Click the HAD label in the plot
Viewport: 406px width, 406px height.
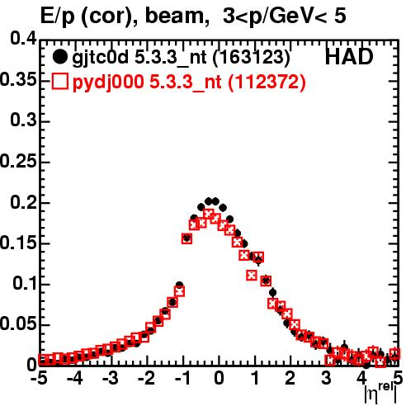tap(349, 57)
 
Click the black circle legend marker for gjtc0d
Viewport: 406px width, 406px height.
tap(59, 57)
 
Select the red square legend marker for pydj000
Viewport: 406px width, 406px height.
tap(59, 82)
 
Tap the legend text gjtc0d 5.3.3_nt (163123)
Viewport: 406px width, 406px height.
tap(181, 58)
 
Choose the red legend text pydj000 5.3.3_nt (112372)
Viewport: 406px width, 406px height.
tap(189, 83)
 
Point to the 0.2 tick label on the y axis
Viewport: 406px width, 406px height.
tap(23, 203)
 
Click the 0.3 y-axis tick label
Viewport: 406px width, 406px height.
tap(23, 120)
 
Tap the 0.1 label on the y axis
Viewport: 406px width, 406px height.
tap(25, 284)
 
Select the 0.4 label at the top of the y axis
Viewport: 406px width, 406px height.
tap(23, 39)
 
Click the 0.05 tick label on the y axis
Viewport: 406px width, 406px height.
tap(18, 324)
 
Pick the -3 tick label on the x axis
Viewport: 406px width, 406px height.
tap(110, 378)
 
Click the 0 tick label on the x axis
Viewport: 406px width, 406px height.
tap(219, 378)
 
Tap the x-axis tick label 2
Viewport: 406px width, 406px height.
tap(290, 378)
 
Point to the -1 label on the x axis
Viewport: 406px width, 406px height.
tap(182, 378)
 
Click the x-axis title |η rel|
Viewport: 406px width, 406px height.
tap(380, 394)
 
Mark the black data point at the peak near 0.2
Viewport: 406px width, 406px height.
tap(215, 201)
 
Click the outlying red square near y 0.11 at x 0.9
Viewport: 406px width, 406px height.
tap(252, 275)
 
